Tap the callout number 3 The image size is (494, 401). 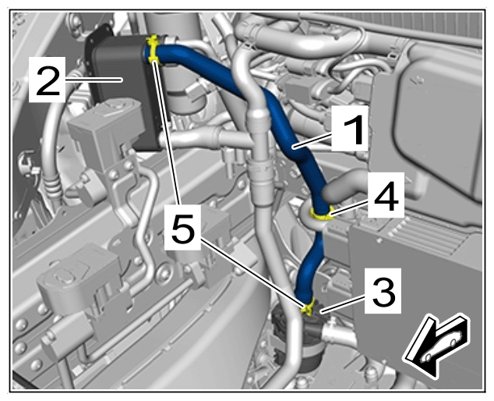coord(383,292)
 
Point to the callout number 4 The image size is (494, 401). coord(386,196)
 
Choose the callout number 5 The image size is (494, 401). coord(183,227)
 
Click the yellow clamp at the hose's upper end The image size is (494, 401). coord(153,50)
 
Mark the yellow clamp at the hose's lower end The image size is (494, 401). coord(307,307)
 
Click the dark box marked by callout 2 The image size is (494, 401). coord(126,91)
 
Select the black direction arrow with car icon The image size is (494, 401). coord(436,346)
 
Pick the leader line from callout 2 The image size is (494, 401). coord(94,80)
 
